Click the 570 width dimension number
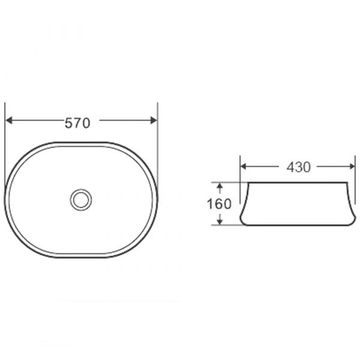click(77, 123)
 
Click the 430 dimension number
click(298, 167)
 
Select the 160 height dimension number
click(219, 203)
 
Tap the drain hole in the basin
click(81, 200)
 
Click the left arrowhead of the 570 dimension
click(9, 120)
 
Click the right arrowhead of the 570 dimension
click(154, 120)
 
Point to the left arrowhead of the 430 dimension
click(243, 166)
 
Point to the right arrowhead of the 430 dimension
click(352, 166)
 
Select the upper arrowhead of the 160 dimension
click(220, 186)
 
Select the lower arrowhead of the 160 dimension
click(220, 221)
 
